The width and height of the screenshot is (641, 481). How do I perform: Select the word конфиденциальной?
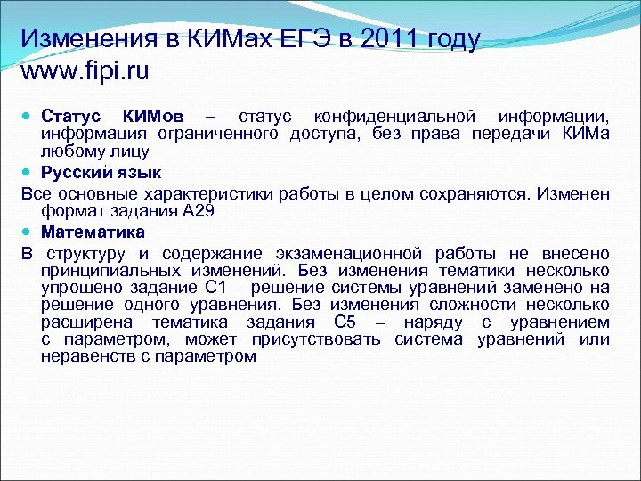point(391,116)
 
